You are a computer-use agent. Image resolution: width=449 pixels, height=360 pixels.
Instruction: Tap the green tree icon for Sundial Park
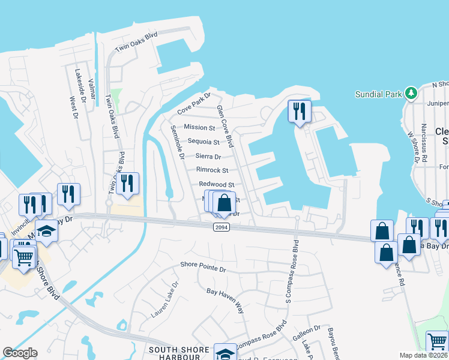(411, 93)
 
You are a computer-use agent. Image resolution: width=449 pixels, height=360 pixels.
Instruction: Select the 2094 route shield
(220, 226)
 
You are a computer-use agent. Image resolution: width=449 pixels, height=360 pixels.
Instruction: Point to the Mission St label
(199, 127)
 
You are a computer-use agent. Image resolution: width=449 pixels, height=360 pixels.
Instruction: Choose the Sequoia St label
(203, 142)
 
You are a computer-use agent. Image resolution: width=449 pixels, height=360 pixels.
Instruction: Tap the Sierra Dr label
(208, 156)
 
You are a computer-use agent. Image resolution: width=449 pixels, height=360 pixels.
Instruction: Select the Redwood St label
(215, 184)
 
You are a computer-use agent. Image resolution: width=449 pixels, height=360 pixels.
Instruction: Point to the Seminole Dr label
(176, 143)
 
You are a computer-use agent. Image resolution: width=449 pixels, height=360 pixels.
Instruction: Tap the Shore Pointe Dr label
(203, 267)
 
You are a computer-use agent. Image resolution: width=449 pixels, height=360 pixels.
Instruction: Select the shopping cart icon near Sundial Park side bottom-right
(437, 342)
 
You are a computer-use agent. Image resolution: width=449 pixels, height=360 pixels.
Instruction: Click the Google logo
(20, 353)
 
